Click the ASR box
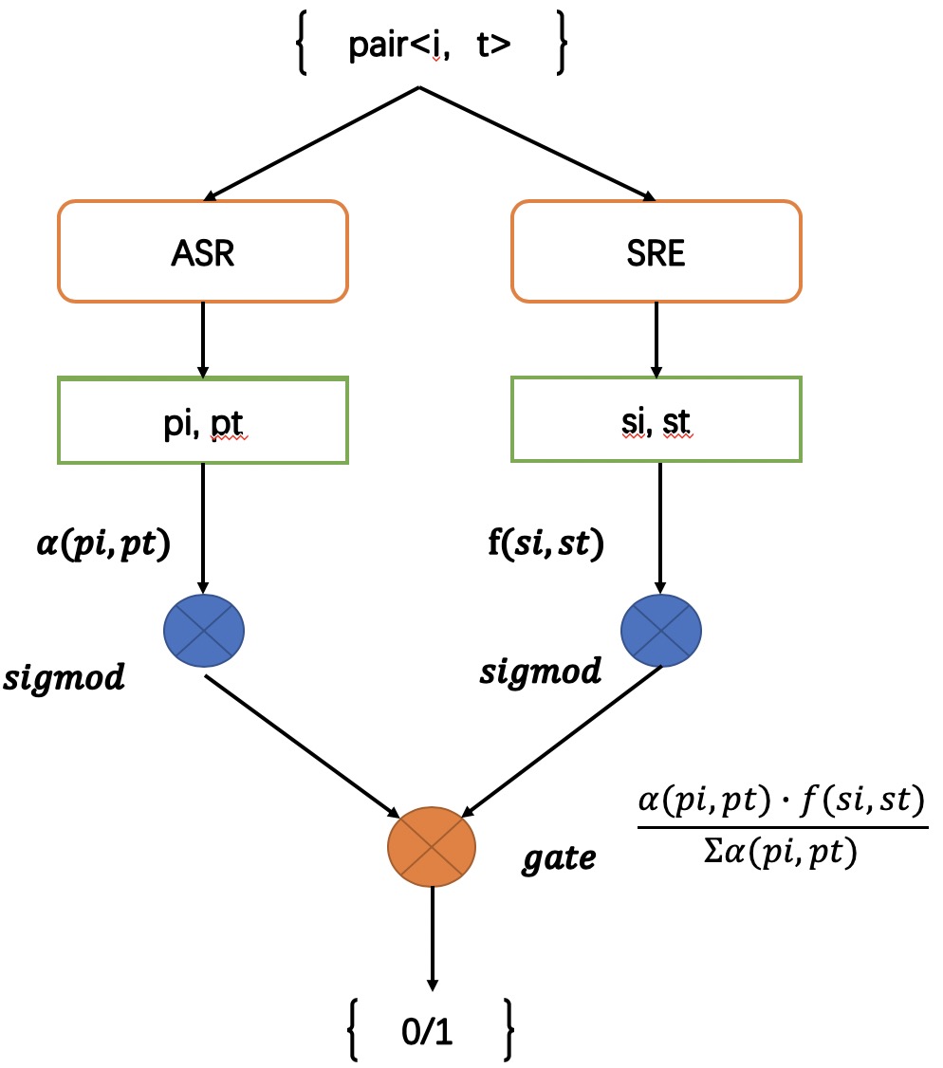203,251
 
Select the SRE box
656,251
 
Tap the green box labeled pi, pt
203,420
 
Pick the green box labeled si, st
656,420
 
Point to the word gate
560,858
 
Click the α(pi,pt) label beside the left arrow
98,547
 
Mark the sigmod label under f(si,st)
540,672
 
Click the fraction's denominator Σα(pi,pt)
780,855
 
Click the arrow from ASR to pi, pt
203,339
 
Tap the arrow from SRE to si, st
656,339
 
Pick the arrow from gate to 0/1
433,939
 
